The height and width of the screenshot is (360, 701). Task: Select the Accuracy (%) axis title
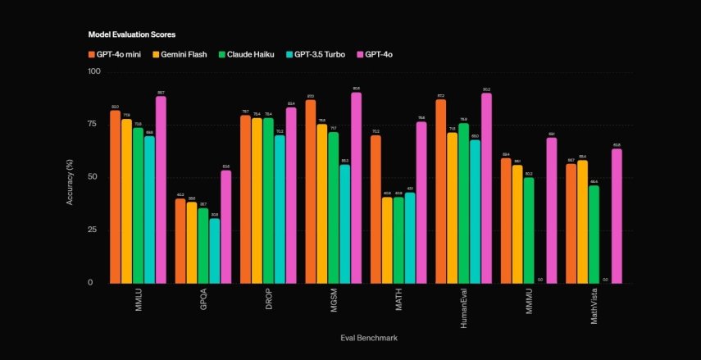tap(71, 177)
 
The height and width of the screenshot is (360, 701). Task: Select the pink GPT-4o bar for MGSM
tap(356, 188)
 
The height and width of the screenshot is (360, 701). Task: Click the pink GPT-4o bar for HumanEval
tap(486, 188)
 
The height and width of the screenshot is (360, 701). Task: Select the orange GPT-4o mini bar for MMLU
tap(115, 197)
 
